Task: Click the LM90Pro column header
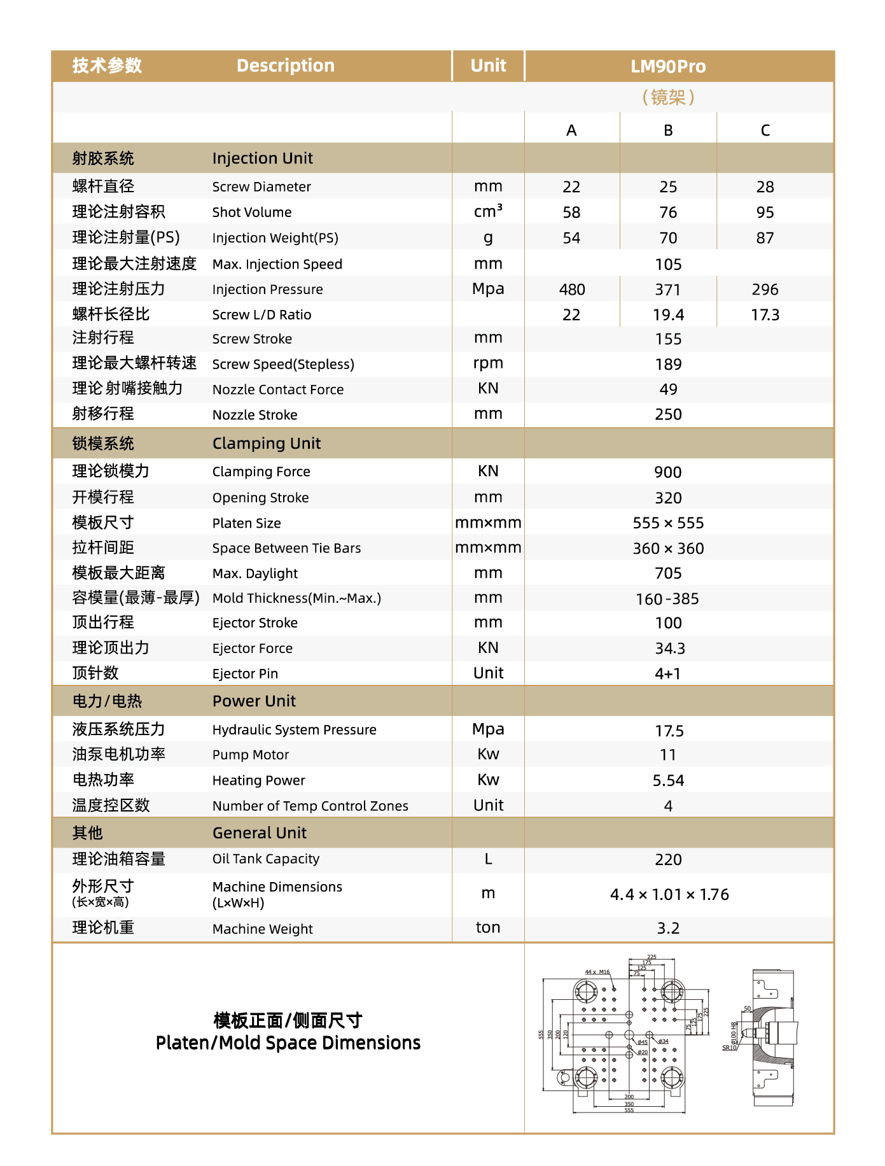click(x=668, y=66)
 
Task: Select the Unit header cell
click(x=488, y=66)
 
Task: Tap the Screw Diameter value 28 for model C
click(x=765, y=187)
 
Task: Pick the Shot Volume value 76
click(x=668, y=213)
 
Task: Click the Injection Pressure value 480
click(x=572, y=290)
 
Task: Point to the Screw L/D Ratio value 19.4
click(x=668, y=315)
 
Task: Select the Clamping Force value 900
click(x=668, y=472)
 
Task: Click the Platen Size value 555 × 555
click(x=668, y=523)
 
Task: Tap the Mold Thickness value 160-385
click(x=668, y=599)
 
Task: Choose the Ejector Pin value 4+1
click(x=668, y=674)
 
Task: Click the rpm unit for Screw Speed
click(x=488, y=363)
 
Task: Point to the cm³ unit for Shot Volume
click(x=488, y=211)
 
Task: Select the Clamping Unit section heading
click(x=267, y=444)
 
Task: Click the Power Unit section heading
click(x=254, y=701)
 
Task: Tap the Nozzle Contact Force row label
click(x=278, y=390)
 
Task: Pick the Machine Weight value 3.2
click(x=668, y=929)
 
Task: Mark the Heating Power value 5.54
click(x=668, y=781)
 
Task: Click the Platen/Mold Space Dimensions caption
click(x=288, y=1043)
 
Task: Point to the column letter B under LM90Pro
click(x=668, y=130)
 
